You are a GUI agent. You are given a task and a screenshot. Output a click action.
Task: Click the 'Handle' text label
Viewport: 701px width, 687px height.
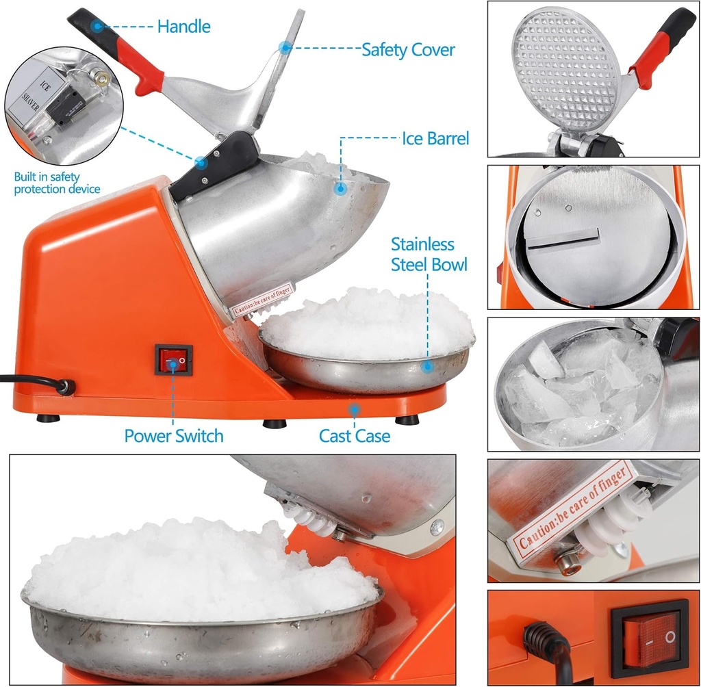(x=183, y=27)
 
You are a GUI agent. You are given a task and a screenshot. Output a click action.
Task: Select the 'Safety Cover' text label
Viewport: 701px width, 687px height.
(x=408, y=49)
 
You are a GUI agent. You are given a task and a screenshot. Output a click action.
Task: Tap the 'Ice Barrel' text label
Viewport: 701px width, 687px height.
(x=435, y=138)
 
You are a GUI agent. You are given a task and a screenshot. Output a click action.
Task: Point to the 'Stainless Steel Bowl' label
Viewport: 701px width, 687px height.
(x=429, y=254)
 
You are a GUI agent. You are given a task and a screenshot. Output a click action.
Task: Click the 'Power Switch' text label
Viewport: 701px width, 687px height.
(x=174, y=436)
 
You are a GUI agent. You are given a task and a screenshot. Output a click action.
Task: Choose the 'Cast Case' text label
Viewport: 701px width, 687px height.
(x=355, y=436)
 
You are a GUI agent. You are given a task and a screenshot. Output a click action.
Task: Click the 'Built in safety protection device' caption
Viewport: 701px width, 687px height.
(x=57, y=183)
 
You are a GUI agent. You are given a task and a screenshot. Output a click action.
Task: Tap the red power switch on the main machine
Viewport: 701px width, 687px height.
(x=173, y=359)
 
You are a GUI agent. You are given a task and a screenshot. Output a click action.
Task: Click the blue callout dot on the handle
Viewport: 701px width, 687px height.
(x=97, y=27)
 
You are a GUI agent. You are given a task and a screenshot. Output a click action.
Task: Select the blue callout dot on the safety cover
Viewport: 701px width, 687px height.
(x=284, y=47)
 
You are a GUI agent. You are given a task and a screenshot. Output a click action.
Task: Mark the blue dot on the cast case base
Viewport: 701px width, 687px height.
(x=354, y=410)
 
